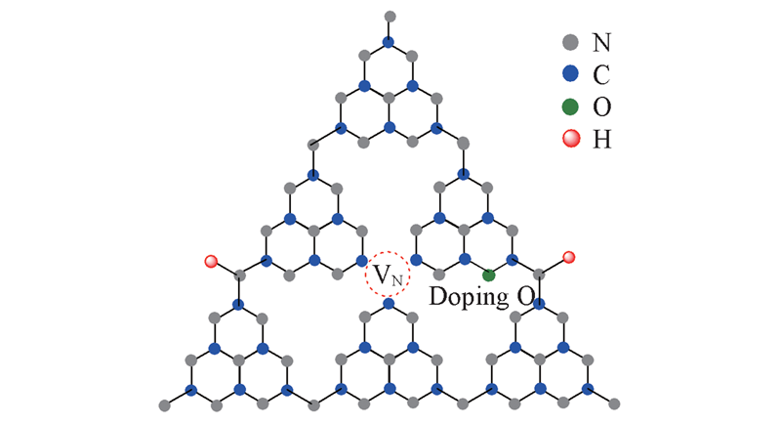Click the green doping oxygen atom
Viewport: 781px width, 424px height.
tap(489, 276)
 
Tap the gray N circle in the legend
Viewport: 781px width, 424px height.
tap(570, 42)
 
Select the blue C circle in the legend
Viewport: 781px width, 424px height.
tap(570, 74)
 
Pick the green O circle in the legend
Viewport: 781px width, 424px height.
tap(570, 106)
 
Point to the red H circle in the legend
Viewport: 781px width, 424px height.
tap(571, 139)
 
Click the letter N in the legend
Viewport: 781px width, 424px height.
tap(601, 42)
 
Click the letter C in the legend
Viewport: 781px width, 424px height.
tap(601, 74)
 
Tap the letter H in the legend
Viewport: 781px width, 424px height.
tap(601, 140)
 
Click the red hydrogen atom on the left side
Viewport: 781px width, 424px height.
tap(211, 261)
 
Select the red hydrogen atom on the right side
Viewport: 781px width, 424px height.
tap(569, 257)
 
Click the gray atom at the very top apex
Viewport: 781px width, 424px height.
tap(390, 17)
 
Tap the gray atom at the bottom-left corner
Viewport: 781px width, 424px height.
tap(164, 405)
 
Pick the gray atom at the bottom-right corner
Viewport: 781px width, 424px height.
tap(614, 403)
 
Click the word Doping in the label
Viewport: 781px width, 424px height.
tap(469, 297)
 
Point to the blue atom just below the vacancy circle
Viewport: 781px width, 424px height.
tap(389, 303)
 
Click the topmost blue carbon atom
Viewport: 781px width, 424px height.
tap(388, 41)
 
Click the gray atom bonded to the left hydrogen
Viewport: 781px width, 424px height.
tap(240, 276)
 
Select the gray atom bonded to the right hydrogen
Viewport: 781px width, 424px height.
tap(539, 275)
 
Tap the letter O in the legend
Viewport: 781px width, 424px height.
tap(601, 107)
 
